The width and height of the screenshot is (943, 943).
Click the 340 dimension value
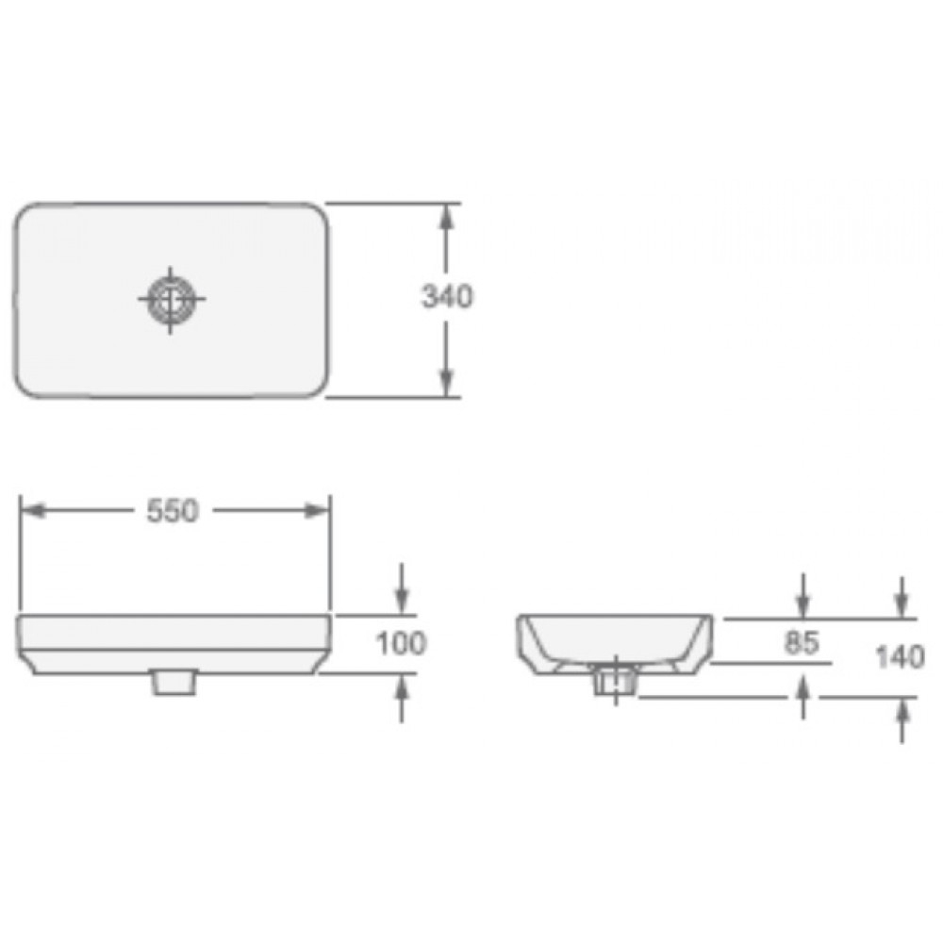click(x=446, y=297)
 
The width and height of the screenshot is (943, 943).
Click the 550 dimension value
click(x=173, y=510)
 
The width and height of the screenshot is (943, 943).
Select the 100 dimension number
click(x=402, y=644)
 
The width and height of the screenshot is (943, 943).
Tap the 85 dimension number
click(x=802, y=643)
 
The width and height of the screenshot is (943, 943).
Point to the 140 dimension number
click(x=900, y=655)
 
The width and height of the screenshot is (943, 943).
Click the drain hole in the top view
click(x=171, y=299)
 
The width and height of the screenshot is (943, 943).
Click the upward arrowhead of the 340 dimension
click(x=447, y=215)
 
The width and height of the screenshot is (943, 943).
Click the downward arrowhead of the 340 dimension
click(x=447, y=384)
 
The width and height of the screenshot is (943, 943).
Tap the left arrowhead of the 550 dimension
click(x=33, y=510)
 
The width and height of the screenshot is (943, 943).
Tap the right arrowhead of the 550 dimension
click(x=317, y=510)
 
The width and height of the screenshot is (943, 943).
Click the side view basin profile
click(x=614, y=641)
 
